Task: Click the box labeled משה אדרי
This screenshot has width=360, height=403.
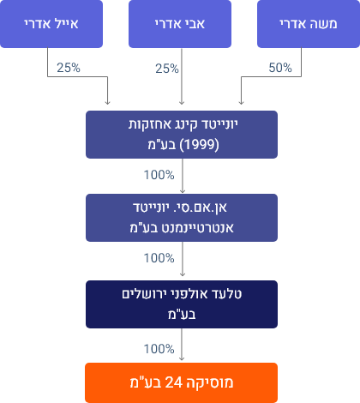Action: [309, 24]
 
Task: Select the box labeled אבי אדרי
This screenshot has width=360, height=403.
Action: [180, 24]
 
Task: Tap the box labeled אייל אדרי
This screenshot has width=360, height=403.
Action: [51, 24]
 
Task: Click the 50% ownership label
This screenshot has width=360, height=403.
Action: [280, 68]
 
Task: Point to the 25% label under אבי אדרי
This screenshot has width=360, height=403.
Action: [167, 69]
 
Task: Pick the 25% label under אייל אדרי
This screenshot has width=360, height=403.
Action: [69, 68]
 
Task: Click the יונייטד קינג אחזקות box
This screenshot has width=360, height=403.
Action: [182, 135]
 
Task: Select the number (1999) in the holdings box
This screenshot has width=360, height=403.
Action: [200, 145]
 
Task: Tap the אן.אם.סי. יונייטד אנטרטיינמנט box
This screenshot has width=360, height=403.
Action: [182, 218]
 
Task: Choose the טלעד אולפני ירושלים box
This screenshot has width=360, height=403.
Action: [182, 304]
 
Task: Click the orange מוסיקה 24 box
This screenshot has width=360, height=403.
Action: [181, 382]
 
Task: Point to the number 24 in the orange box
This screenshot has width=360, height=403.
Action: [174, 382]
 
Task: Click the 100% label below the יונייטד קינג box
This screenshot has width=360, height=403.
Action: [159, 175]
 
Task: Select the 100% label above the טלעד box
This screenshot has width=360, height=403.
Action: [159, 258]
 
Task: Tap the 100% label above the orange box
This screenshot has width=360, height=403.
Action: [159, 349]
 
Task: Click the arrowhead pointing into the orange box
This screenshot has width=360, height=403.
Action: [182, 358]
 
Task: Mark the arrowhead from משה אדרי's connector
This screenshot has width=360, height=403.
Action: [241, 102]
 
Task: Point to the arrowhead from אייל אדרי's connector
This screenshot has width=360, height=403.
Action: [107, 102]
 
